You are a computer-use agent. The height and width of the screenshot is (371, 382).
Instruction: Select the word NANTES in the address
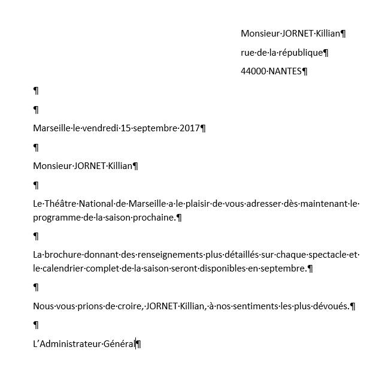tap(286, 71)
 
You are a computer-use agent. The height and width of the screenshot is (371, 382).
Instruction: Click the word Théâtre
tap(60, 204)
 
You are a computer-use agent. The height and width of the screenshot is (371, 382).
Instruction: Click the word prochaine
tap(157, 217)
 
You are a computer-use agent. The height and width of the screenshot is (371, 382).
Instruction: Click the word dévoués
tap(331, 306)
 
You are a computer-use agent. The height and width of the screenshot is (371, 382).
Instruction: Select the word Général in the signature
tap(119, 344)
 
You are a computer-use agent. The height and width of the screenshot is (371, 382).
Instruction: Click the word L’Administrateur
tap(66, 344)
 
